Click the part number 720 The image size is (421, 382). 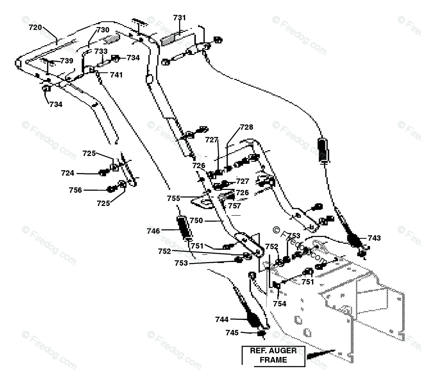point(36,27)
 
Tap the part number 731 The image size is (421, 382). point(179,17)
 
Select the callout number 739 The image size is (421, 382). point(67,61)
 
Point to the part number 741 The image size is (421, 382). point(116,75)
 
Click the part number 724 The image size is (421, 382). point(68,173)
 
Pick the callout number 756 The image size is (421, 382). point(76,190)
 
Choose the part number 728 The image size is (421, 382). point(247,127)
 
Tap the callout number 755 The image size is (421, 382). point(174,198)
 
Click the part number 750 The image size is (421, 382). point(196,221)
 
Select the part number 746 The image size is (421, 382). point(153,231)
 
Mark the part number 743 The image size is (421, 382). point(374,238)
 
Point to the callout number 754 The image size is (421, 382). point(280,304)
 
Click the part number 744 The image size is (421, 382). point(222,320)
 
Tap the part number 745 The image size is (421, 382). point(232,333)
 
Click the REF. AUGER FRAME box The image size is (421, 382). point(273,355)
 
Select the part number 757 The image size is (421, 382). point(235,206)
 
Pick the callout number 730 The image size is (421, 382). point(103,30)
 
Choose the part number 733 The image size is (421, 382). point(101,51)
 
